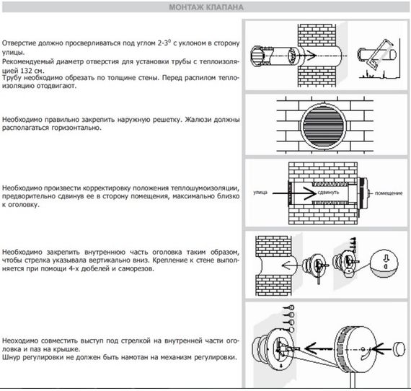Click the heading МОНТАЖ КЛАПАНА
point(206,7)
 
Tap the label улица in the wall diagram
point(260,193)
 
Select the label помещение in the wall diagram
point(389,193)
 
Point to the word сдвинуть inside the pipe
point(328,193)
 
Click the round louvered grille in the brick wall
point(324,126)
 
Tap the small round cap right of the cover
point(398,348)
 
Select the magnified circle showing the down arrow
point(384,263)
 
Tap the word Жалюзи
point(198,120)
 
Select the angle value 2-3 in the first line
point(163,43)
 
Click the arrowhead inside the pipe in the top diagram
point(311,56)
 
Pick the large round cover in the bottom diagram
point(355,349)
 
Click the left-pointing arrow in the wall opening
point(289,265)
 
